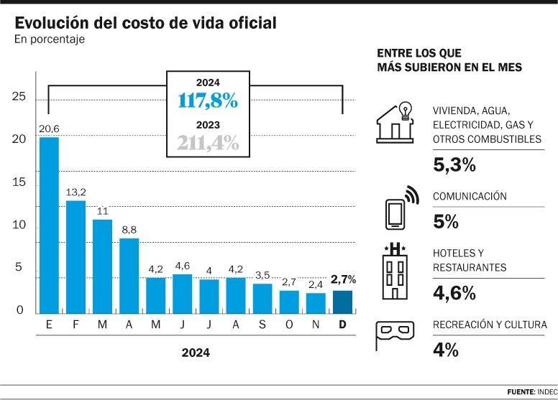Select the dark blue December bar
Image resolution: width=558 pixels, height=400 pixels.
coord(342,302)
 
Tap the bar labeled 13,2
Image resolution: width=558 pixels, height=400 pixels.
coord(76,257)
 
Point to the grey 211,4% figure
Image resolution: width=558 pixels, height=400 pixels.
coord(207,143)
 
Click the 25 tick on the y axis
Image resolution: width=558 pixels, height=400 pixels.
coord(19,97)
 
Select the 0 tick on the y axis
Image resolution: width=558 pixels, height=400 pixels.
coord(19,311)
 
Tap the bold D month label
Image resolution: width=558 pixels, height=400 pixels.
coord(342,325)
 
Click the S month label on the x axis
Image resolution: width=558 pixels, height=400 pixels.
coord(262,325)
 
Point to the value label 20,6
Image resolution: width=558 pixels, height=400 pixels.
coord(49,128)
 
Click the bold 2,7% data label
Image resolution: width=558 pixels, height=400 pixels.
coord(343,279)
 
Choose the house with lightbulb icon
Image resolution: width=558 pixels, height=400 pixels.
coord(395,123)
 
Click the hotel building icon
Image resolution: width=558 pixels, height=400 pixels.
coord(395,271)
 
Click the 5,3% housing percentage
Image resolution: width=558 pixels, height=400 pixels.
coord(454,164)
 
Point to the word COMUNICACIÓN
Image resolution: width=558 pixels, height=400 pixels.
coord(470,197)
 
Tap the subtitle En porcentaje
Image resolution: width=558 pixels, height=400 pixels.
coord(50,40)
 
